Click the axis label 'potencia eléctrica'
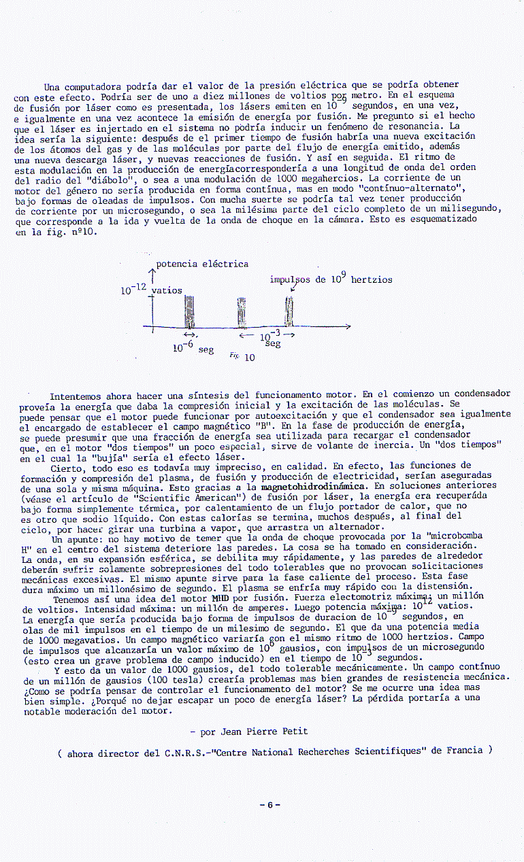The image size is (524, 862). (x=202, y=264)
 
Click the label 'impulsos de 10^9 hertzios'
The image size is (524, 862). (x=331, y=279)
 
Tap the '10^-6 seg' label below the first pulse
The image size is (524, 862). (x=193, y=348)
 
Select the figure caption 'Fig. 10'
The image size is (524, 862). (x=242, y=357)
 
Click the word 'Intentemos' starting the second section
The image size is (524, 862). (x=76, y=395)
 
